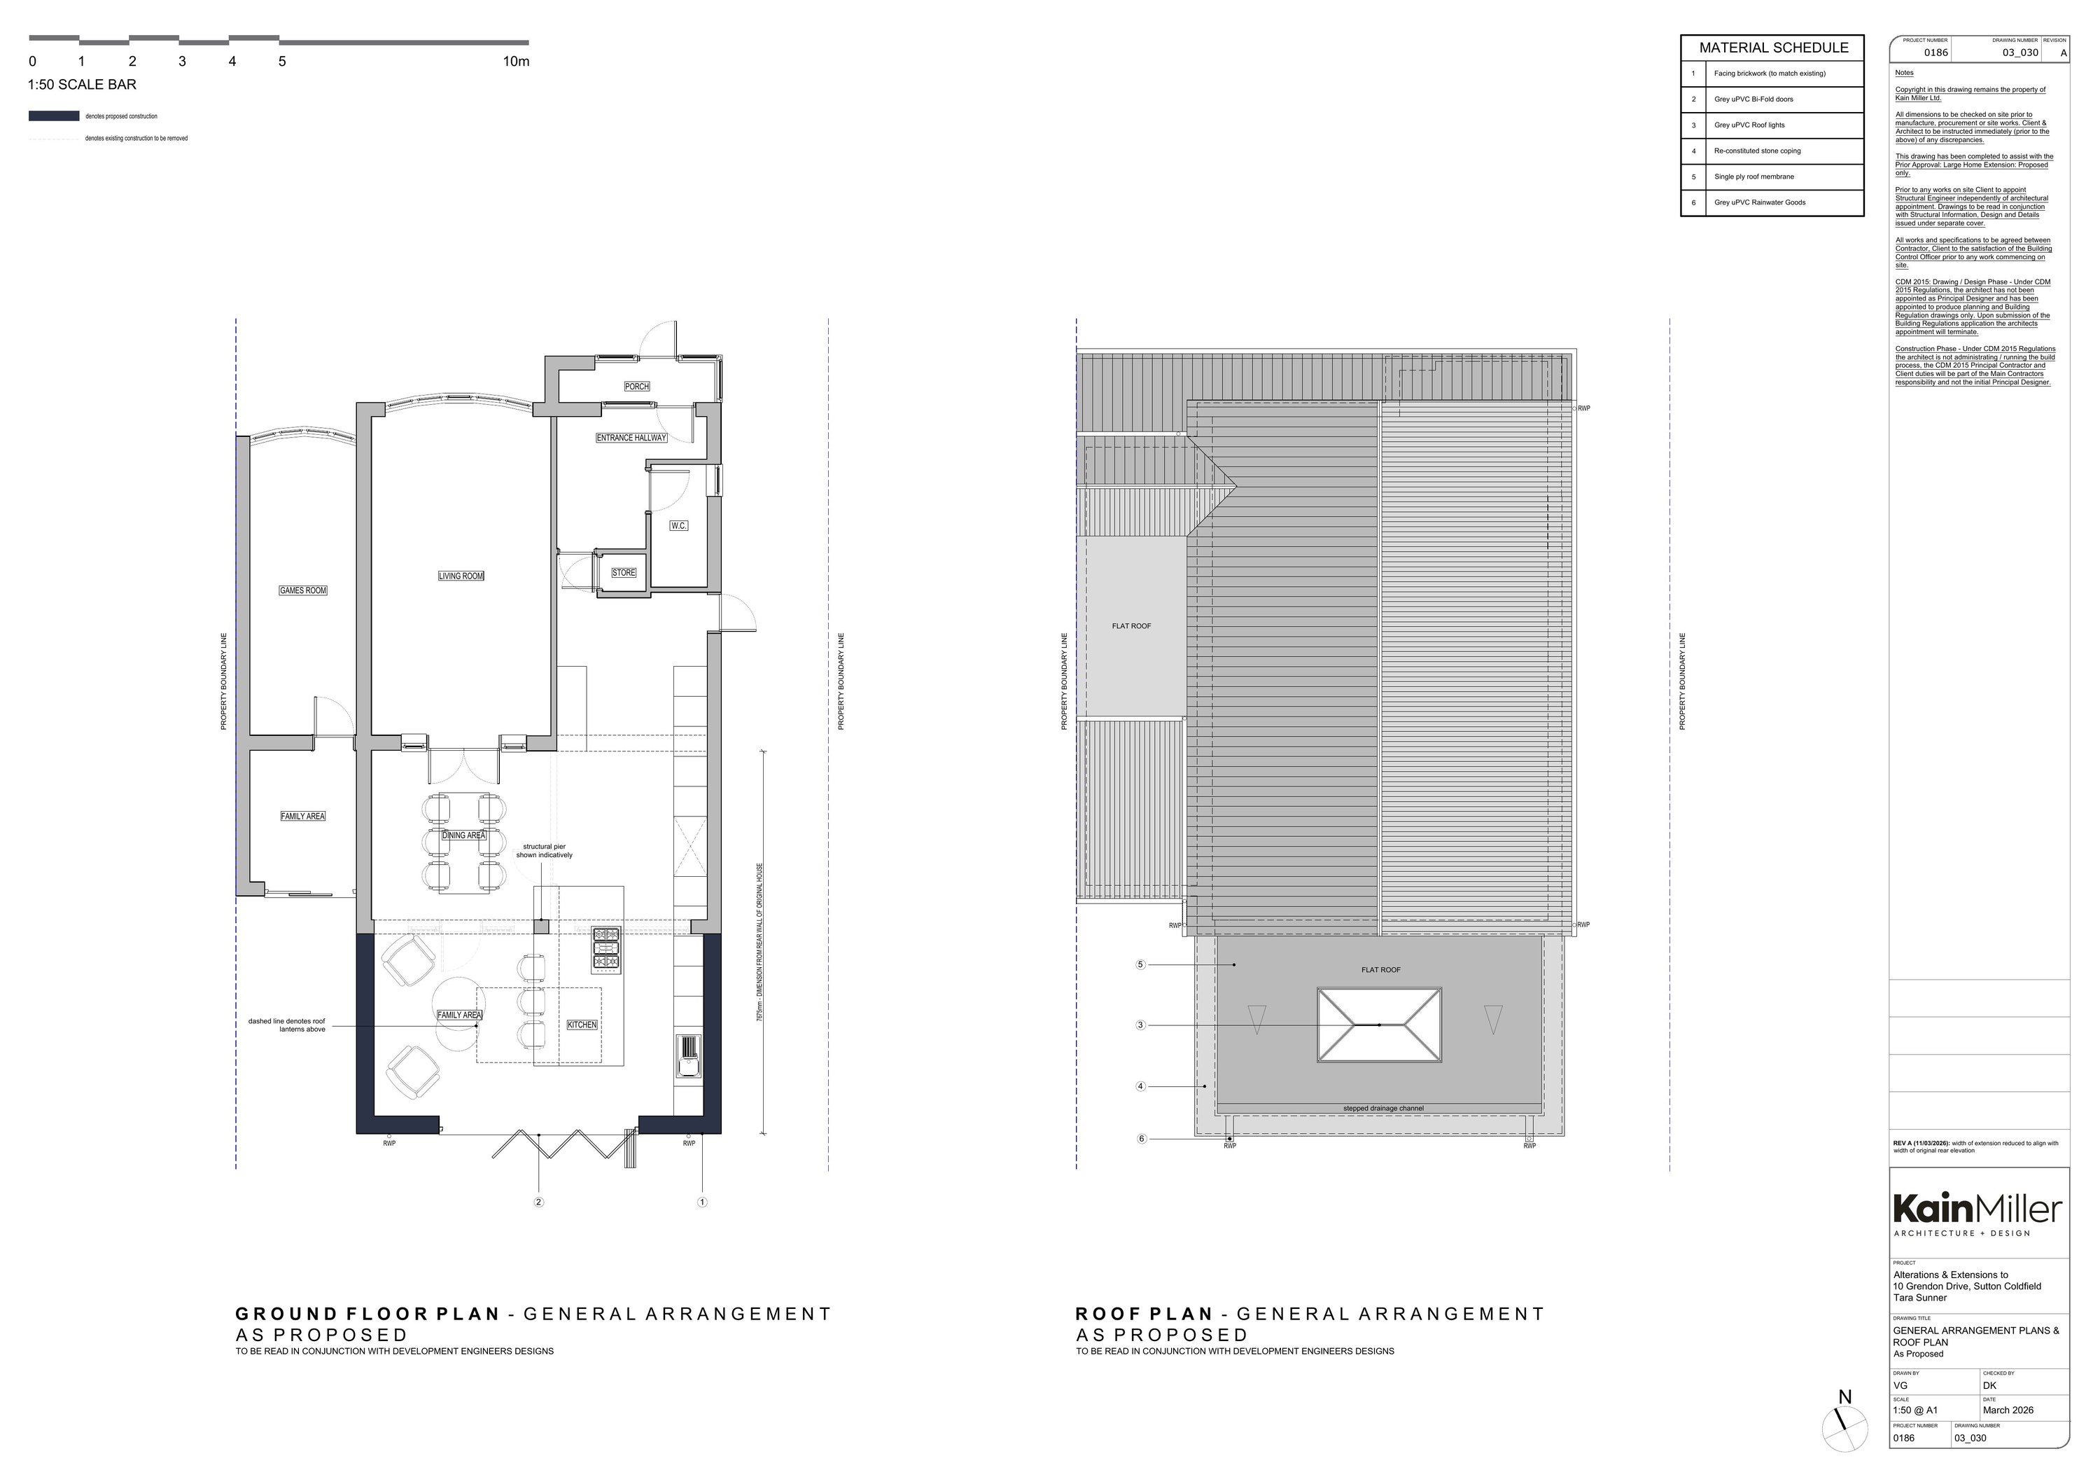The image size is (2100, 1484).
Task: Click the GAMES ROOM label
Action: pos(302,590)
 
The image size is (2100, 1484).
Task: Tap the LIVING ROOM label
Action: pos(461,576)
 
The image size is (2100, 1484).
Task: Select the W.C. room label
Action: pos(678,525)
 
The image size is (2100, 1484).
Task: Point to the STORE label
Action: pos(624,573)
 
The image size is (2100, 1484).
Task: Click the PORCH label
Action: pos(636,386)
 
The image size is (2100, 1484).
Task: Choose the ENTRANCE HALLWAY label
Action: pos(631,437)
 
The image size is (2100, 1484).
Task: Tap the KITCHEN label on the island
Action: pos(582,1025)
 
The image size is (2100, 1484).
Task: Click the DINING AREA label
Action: pos(463,835)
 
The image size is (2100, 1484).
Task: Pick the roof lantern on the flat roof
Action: pos(1379,1025)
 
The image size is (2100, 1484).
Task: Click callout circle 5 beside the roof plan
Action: pos(1140,964)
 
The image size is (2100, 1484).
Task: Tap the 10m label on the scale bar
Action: pos(516,62)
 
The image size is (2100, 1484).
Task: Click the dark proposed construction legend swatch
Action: pos(54,116)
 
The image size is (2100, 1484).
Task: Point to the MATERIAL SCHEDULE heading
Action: pos(1774,48)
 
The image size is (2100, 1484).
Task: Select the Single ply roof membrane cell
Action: pos(1754,176)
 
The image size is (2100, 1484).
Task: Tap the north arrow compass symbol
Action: pos(1844,1430)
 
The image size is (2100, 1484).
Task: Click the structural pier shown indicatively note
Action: pos(544,851)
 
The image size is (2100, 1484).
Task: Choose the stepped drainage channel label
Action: pos(1383,1108)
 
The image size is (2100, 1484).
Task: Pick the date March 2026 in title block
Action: pos(2008,1410)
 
